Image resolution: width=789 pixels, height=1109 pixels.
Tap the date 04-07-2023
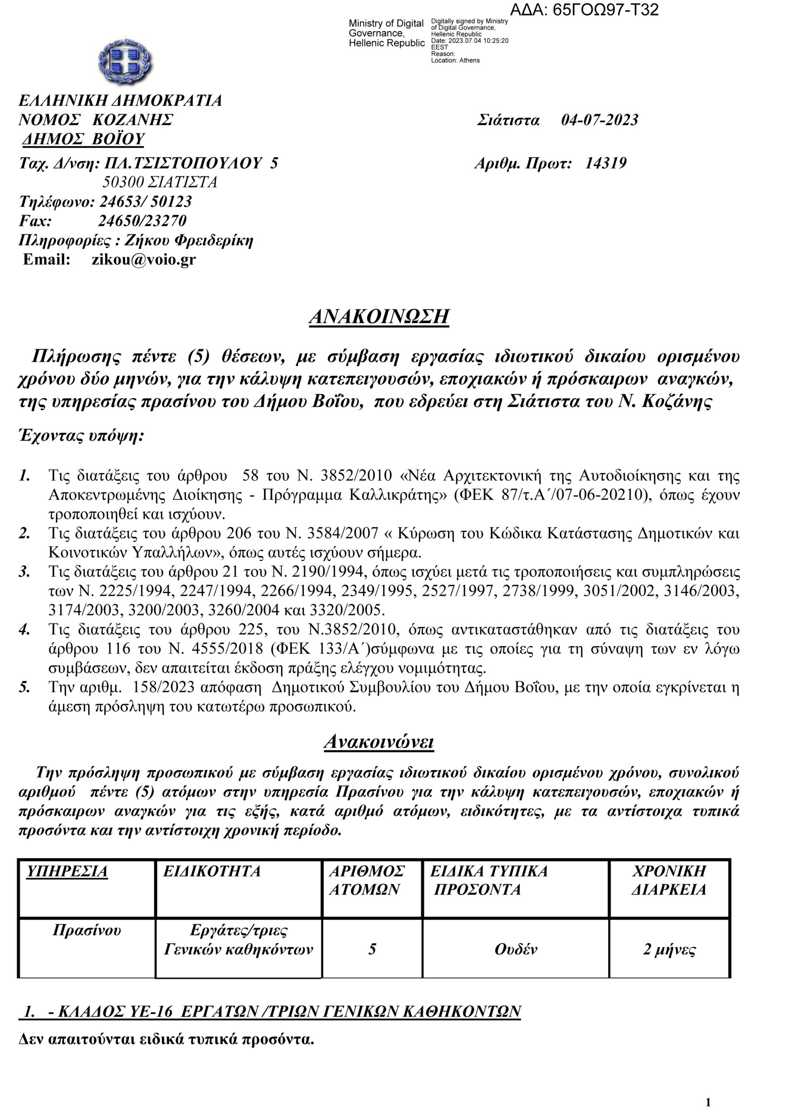pos(599,120)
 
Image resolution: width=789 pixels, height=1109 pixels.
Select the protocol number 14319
pos(605,163)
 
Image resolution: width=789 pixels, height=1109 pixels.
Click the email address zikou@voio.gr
pos(143,259)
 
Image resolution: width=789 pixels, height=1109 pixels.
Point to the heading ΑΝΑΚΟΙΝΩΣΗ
pos(379,316)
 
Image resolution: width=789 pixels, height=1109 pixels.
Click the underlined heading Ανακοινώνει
pos(378,741)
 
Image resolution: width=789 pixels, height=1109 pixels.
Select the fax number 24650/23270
pos(142,221)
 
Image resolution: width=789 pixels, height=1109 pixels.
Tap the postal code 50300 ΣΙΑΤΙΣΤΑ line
pos(159,182)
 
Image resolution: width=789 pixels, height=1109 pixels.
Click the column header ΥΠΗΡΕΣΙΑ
pos(67,871)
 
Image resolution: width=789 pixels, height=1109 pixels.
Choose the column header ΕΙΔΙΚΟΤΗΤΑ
pos(211,871)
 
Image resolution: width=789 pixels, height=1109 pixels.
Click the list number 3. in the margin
pos(24,572)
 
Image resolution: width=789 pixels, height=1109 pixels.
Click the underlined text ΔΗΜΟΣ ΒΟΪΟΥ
pos(84,139)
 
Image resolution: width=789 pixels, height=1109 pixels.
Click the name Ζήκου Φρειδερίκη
pos(189,240)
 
